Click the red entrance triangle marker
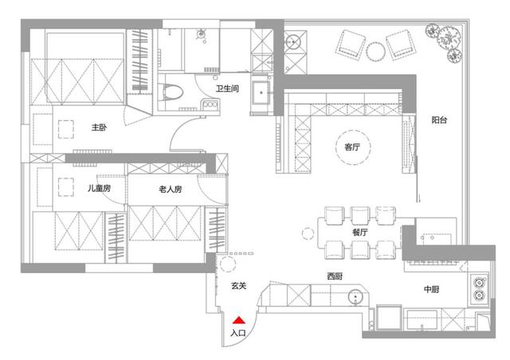pyautogui.click(x=239, y=320)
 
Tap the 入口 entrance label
pyautogui.click(x=238, y=333)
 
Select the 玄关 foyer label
pyautogui.click(x=239, y=286)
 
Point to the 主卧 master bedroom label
pyautogui.click(x=99, y=127)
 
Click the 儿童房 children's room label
pyautogui.click(x=99, y=188)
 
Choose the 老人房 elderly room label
pyautogui.click(x=171, y=189)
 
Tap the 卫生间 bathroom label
pyautogui.click(x=227, y=88)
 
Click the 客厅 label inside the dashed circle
pyautogui.click(x=352, y=147)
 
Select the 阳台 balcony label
pyautogui.click(x=439, y=120)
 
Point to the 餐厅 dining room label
pyautogui.click(x=360, y=233)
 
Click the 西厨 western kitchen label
pyautogui.click(x=335, y=276)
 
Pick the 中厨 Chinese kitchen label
pyautogui.click(x=432, y=289)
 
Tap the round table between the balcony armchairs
pyautogui.click(x=376, y=52)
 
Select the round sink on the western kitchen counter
pyautogui.click(x=355, y=297)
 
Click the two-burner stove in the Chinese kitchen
pyautogui.click(x=479, y=288)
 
